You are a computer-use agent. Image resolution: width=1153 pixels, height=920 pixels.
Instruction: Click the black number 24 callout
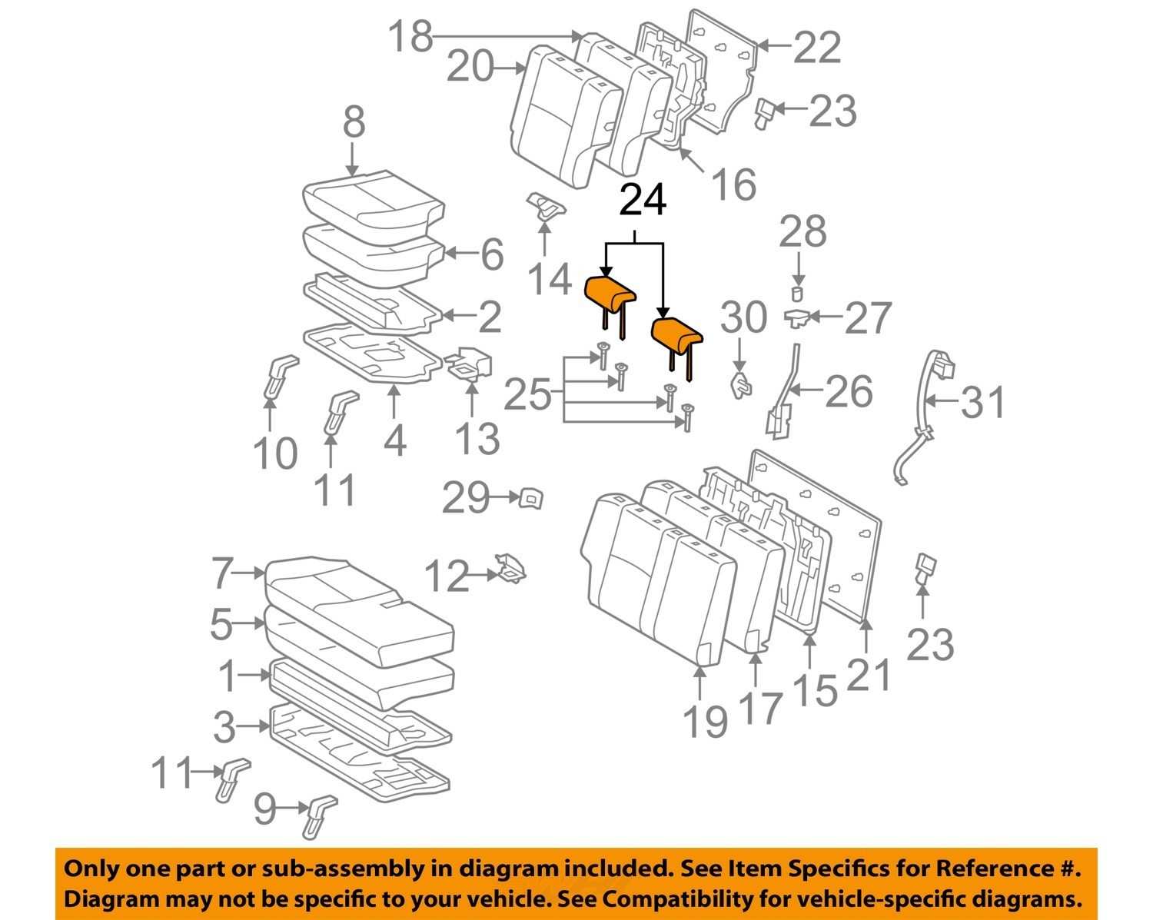(x=643, y=201)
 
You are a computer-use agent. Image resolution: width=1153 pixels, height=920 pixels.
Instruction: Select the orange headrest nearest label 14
(x=611, y=293)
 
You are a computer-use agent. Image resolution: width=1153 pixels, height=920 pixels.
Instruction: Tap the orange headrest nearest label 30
(x=676, y=333)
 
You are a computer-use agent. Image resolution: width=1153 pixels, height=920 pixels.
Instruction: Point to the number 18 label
(x=410, y=35)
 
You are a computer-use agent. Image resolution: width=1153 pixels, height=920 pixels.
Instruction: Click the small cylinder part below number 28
(x=797, y=293)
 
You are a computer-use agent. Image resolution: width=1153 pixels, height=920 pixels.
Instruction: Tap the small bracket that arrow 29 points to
(x=530, y=498)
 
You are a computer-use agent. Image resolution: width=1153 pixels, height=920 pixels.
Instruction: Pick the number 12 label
(x=447, y=576)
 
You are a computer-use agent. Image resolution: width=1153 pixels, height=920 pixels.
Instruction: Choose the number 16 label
(x=733, y=184)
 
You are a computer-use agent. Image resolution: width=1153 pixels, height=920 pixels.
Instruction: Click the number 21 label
(x=870, y=675)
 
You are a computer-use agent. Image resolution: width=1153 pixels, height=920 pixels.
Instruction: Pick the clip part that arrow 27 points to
(x=797, y=316)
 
